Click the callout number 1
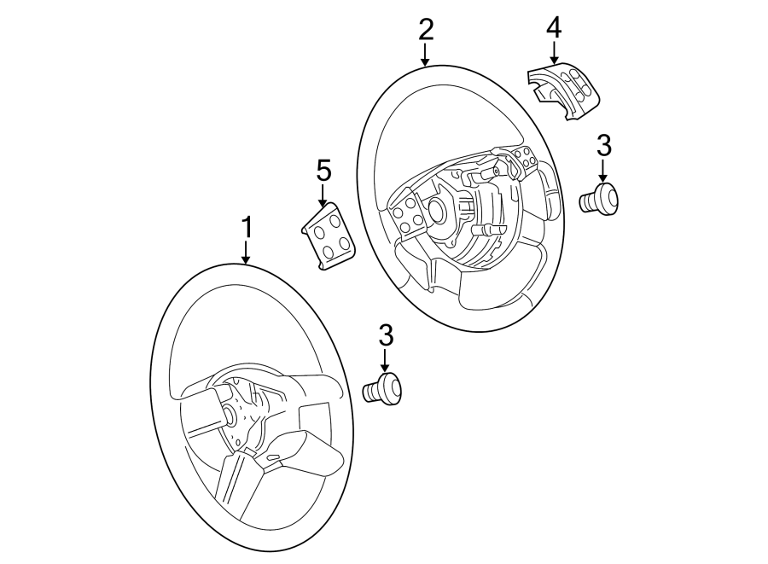(x=247, y=228)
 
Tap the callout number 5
(x=323, y=171)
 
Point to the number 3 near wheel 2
(x=603, y=144)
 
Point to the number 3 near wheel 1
(x=386, y=335)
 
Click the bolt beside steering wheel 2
(x=600, y=199)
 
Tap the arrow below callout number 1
(x=247, y=252)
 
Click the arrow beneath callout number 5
(x=323, y=195)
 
